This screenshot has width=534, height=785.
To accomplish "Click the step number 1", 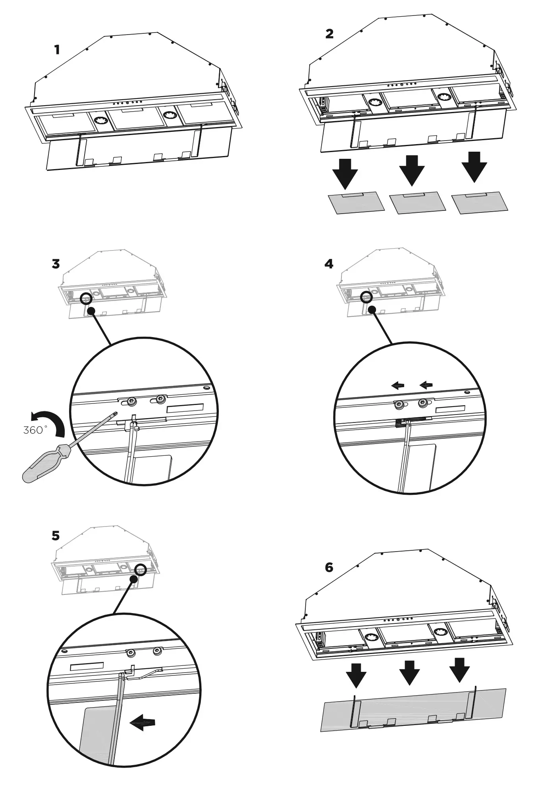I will coord(58,50).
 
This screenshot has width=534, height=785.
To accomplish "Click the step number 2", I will coord(329,34).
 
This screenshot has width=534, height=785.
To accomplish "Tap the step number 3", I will coord(56,264).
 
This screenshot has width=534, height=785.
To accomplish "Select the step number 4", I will coord(329,264).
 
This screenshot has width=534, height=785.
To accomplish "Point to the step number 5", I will coord(56,536).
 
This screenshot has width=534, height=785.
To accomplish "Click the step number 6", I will coord(329,567).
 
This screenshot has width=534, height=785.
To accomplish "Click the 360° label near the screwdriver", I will coord(35,430).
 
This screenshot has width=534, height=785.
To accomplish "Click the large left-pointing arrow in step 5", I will coord(143,723).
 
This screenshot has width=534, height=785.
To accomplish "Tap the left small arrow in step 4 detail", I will coord(397,385).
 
